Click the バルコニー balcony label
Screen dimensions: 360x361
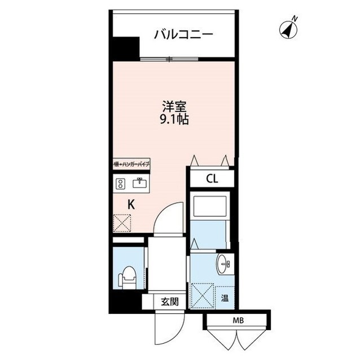(x=184, y=35)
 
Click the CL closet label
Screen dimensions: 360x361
(x=212, y=179)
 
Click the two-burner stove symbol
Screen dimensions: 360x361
(x=120, y=183)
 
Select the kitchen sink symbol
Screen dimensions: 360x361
(x=139, y=183)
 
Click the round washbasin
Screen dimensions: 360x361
(x=224, y=263)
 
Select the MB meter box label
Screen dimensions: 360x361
(x=237, y=321)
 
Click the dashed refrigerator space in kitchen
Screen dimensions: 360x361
(x=123, y=224)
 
